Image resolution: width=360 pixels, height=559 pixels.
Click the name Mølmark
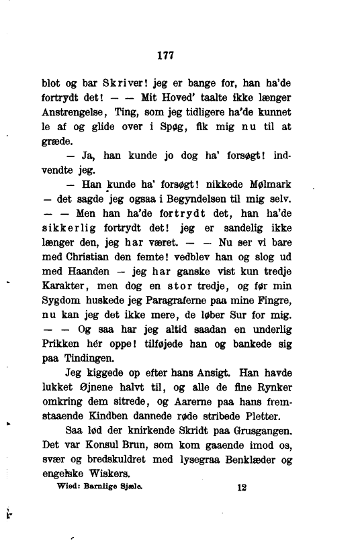click(x=271, y=185)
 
